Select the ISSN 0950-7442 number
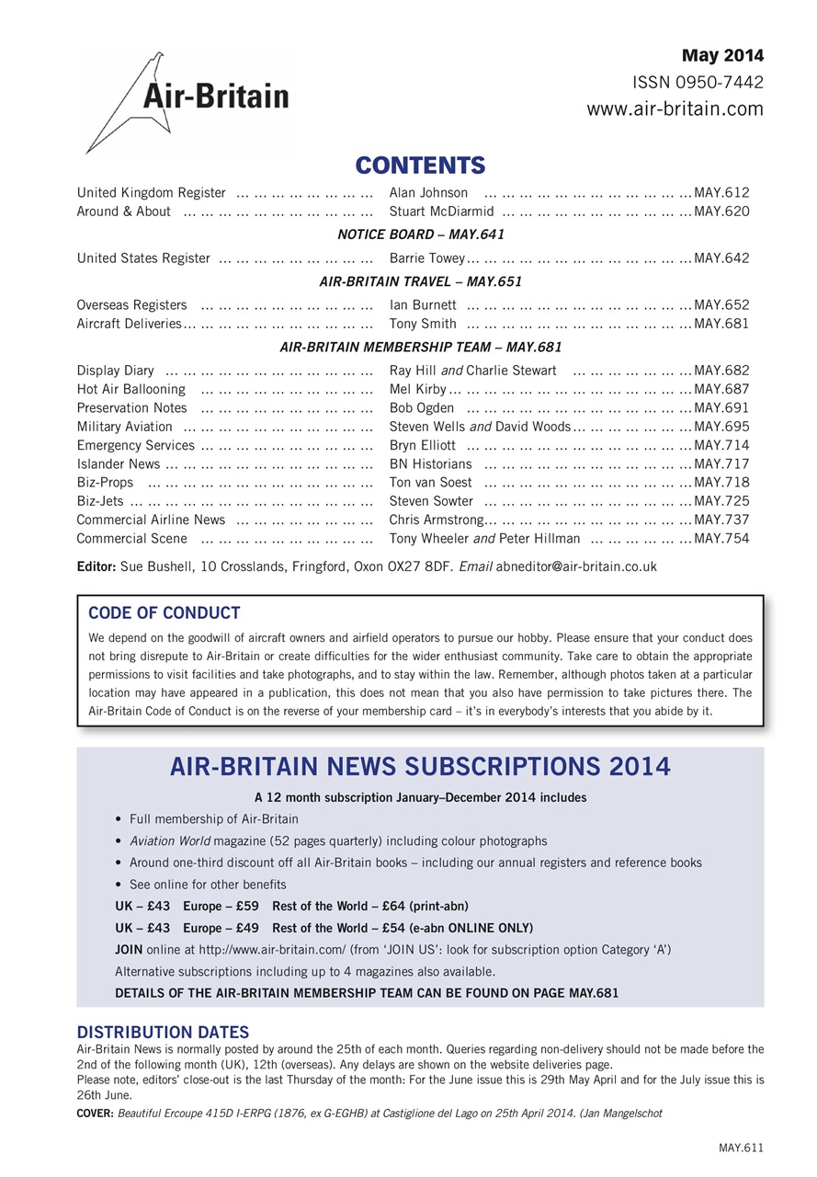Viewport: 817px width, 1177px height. click(x=698, y=83)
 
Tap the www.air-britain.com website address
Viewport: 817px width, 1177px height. click(x=675, y=109)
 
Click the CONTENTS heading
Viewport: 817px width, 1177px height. click(x=420, y=166)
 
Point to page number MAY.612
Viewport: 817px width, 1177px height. click(x=721, y=193)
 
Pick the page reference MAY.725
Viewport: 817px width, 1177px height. click(x=721, y=501)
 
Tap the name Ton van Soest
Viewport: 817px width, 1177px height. click(x=430, y=483)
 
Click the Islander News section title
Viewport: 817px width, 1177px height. click(x=119, y=463)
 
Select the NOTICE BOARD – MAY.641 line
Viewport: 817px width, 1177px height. click(x=421, y=234)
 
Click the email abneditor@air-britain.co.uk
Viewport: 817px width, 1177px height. click(x=576, y=566)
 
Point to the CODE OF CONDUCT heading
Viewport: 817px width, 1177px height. click(x=165, y=613)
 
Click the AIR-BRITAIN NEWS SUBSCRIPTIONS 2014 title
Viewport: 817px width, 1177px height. click(x=420, y=767)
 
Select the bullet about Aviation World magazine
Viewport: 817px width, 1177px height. click(x=338, y=840)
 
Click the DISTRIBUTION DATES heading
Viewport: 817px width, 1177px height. click(x=163, y=1033)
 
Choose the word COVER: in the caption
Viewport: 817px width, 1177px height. click(x=96, y=1113)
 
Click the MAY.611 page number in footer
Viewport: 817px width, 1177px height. click(x=741, y=1148)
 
